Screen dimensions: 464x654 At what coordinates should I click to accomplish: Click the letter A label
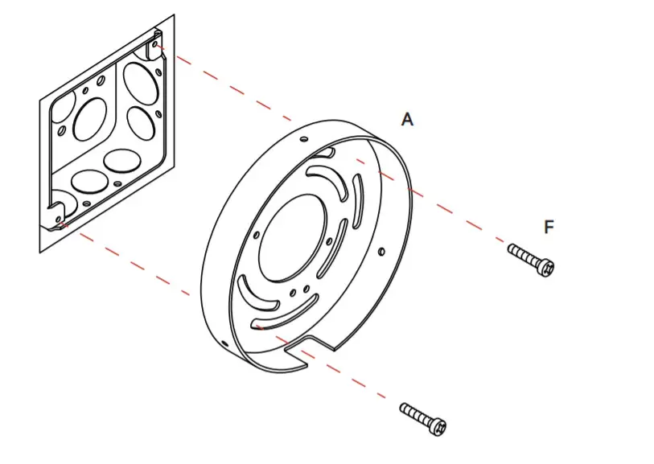[407, 120]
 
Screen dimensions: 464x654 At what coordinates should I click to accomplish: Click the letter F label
[549, 228]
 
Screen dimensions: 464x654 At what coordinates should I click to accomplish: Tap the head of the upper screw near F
[546, 266]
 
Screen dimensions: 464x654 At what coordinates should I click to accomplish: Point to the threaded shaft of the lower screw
[416, 413]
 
